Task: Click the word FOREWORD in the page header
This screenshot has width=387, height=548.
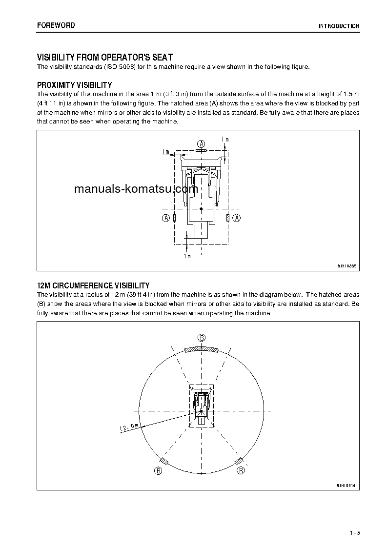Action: click(56, 25)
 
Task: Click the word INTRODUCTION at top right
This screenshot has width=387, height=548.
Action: click(339, 26)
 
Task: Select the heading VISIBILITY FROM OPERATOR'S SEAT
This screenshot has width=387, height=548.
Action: click(105, 58)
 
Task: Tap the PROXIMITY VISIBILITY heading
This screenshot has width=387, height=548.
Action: click(75, 85)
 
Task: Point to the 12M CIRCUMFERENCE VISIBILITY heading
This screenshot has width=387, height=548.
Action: click(93, 285)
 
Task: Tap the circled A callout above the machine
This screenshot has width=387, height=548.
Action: click(201, 143)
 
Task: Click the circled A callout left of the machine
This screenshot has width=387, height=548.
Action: click(166, 218)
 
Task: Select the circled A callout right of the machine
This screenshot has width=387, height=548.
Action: click(237, 218)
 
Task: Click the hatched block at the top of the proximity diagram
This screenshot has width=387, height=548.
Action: click(201, 151)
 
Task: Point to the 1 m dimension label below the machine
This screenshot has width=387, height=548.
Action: click(187, 256)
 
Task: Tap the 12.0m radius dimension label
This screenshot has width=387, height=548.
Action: click(129, 428)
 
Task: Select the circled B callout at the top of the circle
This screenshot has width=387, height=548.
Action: click(202, 338)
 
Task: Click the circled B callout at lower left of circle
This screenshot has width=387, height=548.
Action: click(158, 470)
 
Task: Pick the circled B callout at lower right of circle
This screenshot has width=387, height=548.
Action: click(241, 470)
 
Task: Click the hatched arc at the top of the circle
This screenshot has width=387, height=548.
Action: click(202, 348)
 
